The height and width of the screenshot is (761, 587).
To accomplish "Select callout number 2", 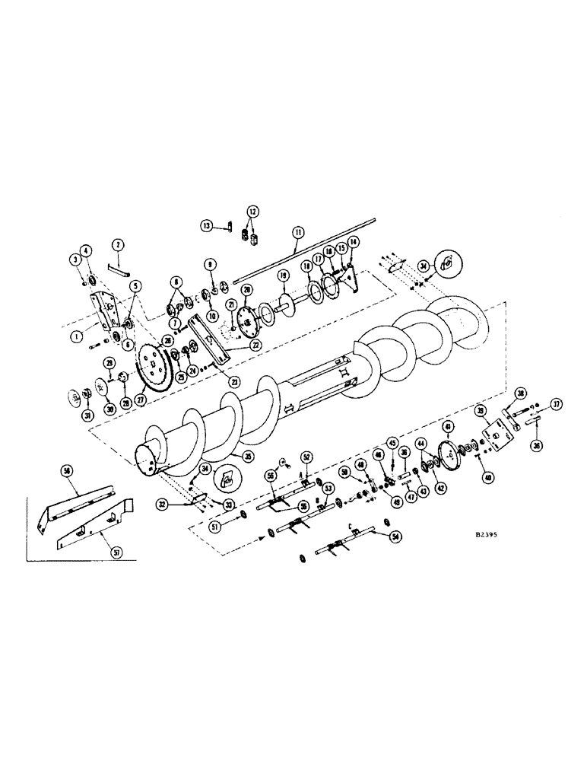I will click(118, 244).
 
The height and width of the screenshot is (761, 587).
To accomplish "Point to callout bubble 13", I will click(206, 226).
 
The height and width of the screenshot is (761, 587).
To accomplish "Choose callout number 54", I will click(395, 537).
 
